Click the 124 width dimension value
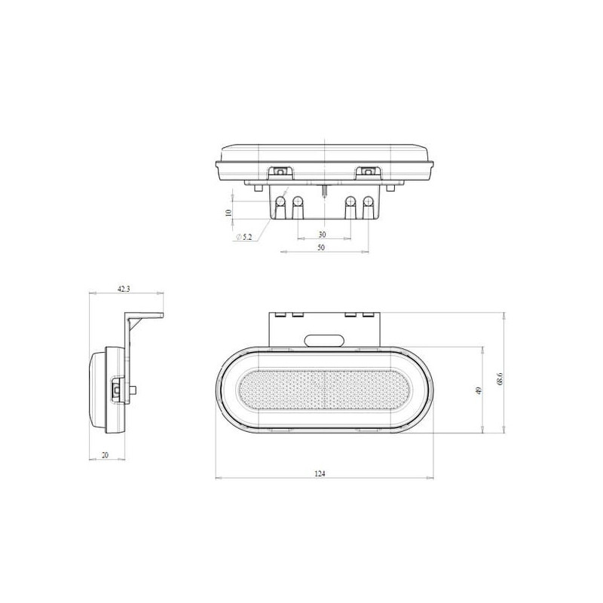[320, 473]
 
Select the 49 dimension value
[479, 390]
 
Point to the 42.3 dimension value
[124, 289]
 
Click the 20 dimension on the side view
[105, 455]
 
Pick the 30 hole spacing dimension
[323, 234]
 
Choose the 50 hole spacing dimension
[321, 247]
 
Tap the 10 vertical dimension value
[229, 213]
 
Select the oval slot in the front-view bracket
[324, 341]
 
